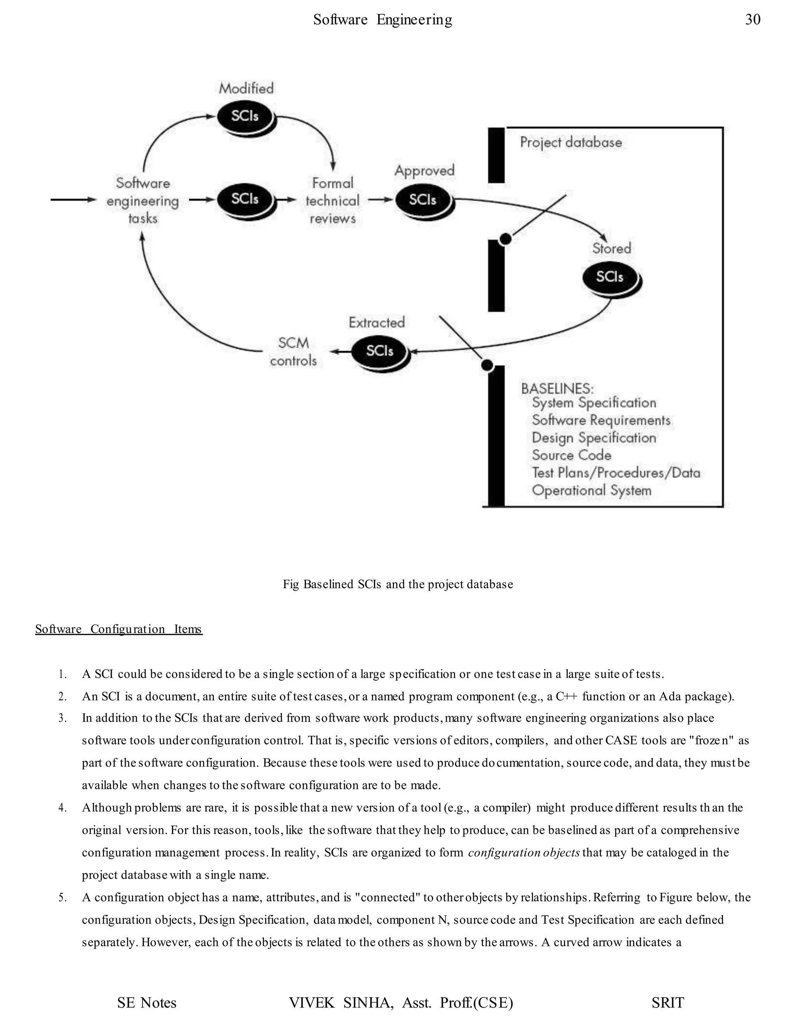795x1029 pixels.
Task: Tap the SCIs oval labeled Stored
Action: (x=610, y=277)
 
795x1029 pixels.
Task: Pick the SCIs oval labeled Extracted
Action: (x=380, y=351)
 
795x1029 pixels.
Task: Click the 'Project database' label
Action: (x=571, y=142)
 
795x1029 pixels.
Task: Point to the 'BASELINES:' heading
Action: (x=557, y=388)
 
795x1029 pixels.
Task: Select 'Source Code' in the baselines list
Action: (x=571, y=455)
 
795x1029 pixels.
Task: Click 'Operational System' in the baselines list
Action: (x=592, y=490)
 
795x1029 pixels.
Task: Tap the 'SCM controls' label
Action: (x=293, y=351)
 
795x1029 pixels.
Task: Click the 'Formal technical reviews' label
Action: (x=333, y=201)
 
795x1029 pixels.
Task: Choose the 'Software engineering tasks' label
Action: (x=143, y=201)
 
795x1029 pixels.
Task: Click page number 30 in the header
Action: (x=753, y=20)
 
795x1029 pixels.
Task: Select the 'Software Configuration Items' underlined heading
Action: (x=119, y=629)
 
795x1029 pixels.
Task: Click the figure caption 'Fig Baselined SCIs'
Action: (x=397, y=584)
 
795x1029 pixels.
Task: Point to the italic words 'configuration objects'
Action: (x=524, y=852)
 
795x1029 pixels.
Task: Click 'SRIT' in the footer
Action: (x=667, y=1003)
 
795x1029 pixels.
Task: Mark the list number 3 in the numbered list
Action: (x=62, y=718)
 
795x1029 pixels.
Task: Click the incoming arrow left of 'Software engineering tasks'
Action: (x=73, y=200)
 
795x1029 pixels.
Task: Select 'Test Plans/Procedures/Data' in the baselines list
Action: (x=616, y=473)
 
